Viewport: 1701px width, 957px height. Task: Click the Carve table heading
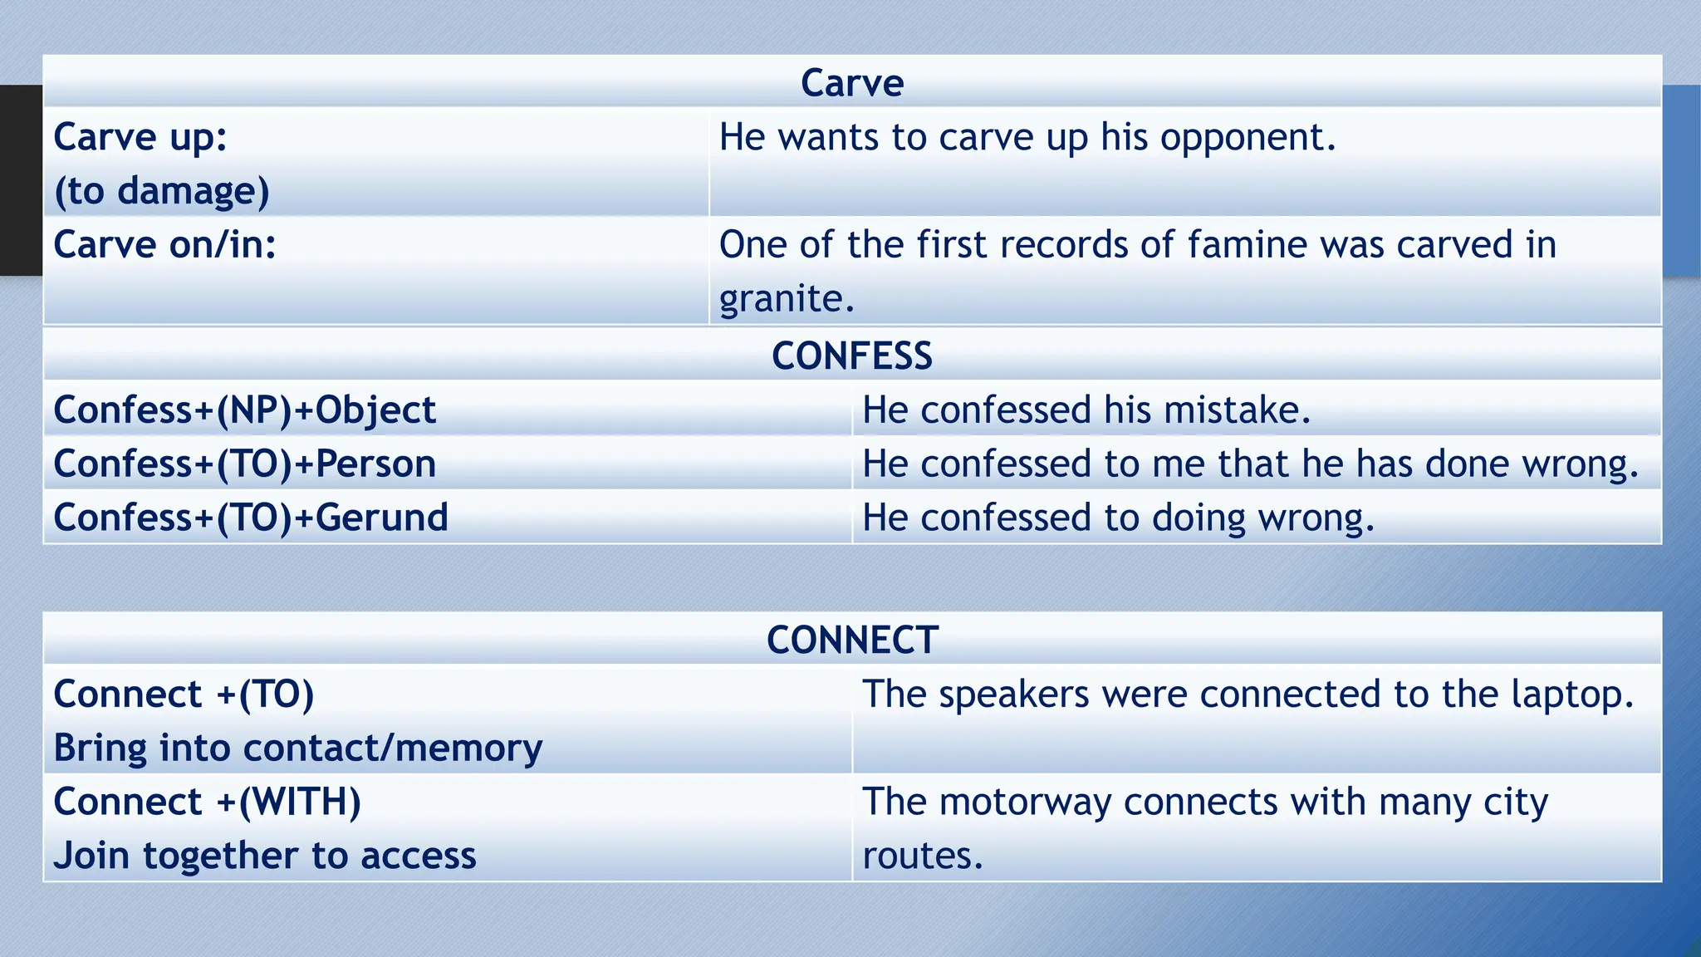852,83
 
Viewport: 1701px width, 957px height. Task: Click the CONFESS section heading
852,356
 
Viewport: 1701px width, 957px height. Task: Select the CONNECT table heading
852,640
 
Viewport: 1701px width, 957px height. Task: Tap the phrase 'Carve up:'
140,137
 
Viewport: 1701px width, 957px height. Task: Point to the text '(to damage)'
162,191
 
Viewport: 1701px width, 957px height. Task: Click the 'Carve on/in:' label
164,245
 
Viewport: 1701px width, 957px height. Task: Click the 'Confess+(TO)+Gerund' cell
251,518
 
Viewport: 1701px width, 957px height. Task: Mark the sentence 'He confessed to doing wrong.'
1118,518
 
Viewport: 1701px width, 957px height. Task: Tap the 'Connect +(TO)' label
184,694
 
